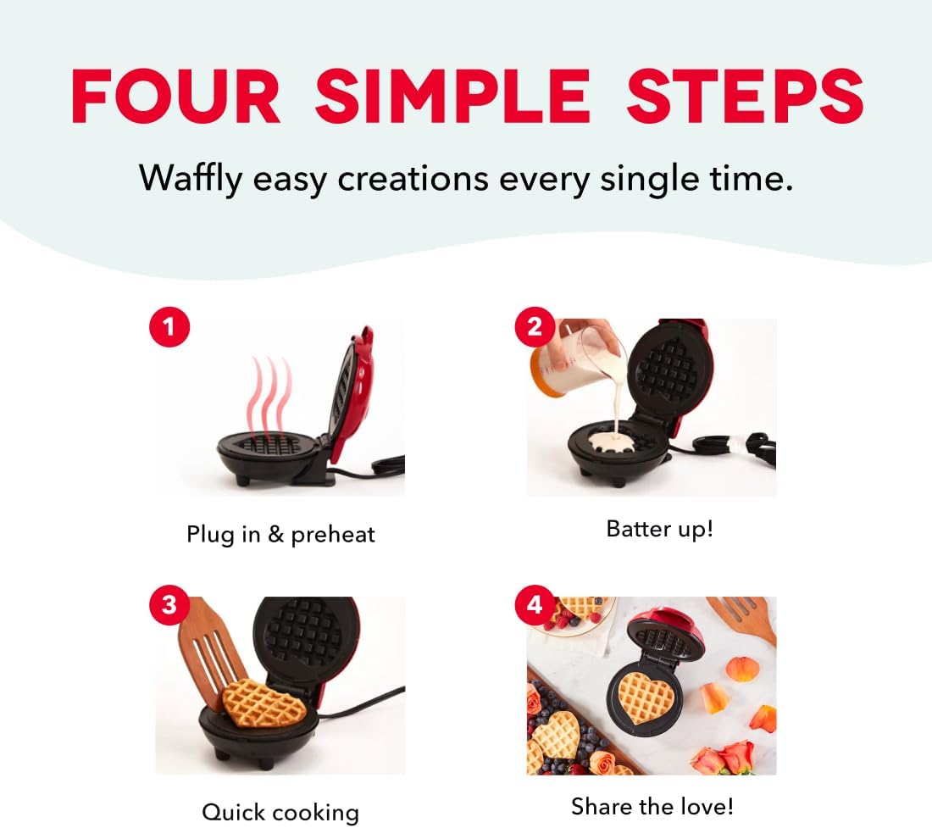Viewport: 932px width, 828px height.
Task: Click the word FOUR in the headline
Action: tap(176, 97)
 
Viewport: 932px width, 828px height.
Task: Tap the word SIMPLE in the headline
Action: tap(453, 97)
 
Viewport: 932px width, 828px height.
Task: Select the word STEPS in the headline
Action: tap(745, 97)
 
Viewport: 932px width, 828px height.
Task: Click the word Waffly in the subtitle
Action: tap(191, 179)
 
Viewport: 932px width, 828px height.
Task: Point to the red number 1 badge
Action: tap(169, 327)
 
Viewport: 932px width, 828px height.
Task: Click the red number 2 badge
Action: tap(535, 327)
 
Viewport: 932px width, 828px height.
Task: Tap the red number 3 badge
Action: tap(169, 604)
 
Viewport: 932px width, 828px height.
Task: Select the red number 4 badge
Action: tap(535, 604)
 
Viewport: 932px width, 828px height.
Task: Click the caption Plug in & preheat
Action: tap(280, 535)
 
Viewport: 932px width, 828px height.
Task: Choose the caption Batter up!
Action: tap(659, 529)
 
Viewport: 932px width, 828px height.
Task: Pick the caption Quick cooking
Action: tap(280, 812)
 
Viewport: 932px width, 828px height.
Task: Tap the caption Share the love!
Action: tap(652, 807)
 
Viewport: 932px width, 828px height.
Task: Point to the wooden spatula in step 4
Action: tap(744, 618)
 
